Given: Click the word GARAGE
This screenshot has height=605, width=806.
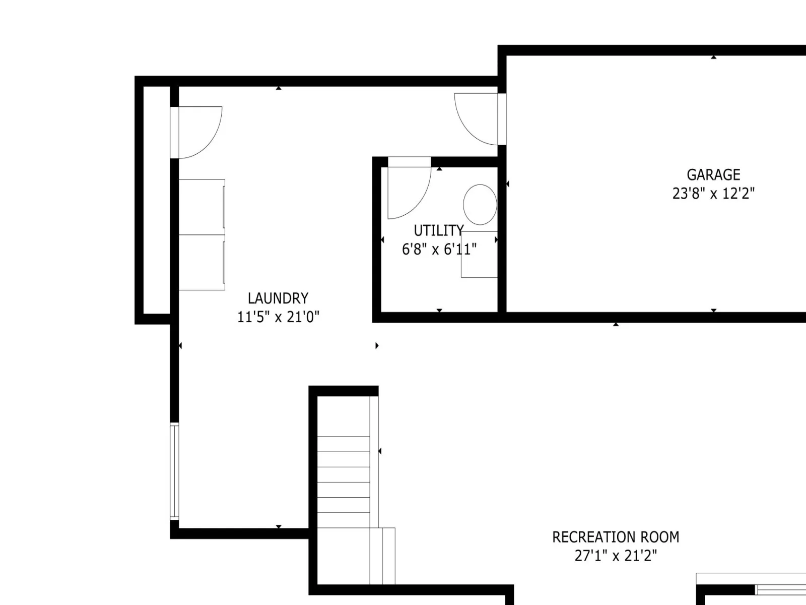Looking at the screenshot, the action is tap(713, 175).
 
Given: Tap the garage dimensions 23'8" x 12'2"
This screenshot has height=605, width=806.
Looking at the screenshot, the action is tap(713, 193).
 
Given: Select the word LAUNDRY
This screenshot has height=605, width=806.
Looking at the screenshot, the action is tap(278, 298).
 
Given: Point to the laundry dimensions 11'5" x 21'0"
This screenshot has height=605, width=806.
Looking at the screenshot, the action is tap(278, 317).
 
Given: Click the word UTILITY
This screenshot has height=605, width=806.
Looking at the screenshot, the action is tap(439, 231).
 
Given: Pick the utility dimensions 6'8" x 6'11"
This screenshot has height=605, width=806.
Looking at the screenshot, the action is tap(439, 250).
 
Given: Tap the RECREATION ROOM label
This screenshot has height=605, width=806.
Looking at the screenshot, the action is tap(616, 537).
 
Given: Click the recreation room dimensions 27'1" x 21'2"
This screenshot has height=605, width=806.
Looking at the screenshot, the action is tap(616, 556).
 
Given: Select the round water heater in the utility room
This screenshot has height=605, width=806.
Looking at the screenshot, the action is tap(480, 205).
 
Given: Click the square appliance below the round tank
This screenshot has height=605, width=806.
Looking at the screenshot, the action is tap(479, 254).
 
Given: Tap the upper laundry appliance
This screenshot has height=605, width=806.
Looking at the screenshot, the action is tap(201, 207).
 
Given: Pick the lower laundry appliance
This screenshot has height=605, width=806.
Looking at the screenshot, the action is tap(201, 262).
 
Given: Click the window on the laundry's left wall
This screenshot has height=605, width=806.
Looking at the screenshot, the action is tap(174, 471).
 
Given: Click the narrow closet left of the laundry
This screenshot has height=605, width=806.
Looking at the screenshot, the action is tap(157, 200).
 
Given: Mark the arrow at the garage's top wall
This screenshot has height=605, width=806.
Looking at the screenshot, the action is tap(713, 57).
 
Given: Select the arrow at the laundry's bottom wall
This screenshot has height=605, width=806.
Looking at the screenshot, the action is tap(279, 526).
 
